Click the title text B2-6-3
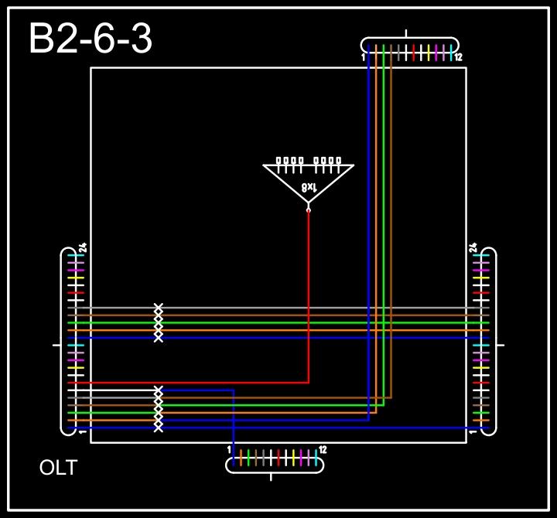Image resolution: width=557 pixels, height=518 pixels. pos(90,39)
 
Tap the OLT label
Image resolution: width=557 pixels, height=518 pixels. pos(58,468)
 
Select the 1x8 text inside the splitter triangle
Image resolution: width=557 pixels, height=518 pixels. pos(309,188)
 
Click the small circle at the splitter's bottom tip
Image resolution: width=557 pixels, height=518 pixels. pos(309,210)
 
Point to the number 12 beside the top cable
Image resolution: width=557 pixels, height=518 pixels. pos(458,58)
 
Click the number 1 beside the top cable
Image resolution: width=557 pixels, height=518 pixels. pos(363,58)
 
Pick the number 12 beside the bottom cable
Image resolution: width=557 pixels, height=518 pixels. pos(323,450)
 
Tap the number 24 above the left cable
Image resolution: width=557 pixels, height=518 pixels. pos(82,248)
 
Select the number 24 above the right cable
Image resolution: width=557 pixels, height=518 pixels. pos(473,248)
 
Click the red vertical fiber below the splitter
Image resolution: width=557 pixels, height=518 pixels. pos(309,294)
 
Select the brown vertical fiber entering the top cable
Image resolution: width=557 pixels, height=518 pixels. pos(391,232)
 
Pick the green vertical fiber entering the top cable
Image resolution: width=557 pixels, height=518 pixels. pos(384,232)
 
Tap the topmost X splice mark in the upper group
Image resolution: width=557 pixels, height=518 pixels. pos(159,308)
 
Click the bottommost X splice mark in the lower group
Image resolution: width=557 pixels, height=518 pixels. pos(159,428)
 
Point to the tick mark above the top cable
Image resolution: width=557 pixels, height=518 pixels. pos(407,33)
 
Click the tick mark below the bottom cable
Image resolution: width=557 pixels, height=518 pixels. pos(271,477)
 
